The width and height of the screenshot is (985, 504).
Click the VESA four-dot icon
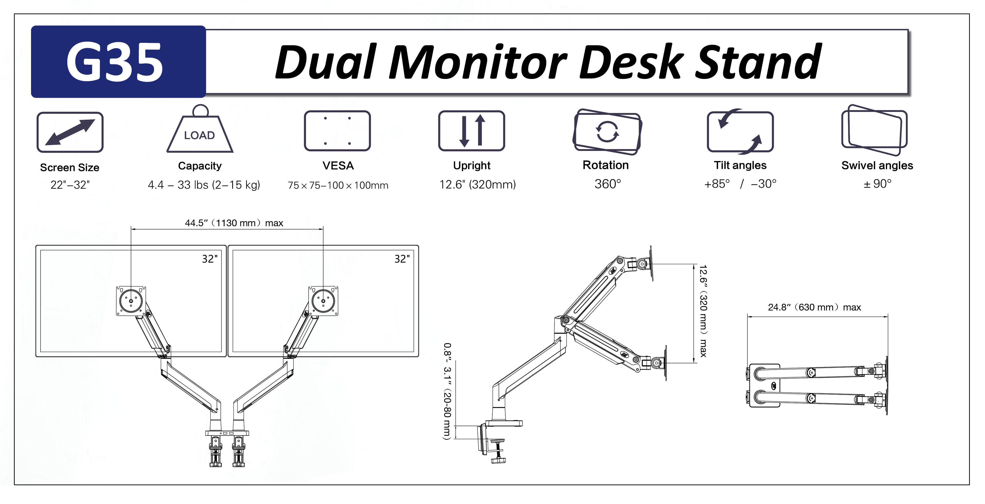point(337,131)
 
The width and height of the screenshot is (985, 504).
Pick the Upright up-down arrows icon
point(472,131)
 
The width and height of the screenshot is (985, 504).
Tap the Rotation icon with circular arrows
point(607,132)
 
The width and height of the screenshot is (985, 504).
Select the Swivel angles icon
point(875,130)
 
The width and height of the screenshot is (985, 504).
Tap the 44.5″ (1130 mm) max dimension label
point(234,223)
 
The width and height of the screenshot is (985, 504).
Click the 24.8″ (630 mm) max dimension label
point(814,307)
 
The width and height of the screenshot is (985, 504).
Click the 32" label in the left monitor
point(210,259)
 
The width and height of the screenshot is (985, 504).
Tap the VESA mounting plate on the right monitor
point(324,301)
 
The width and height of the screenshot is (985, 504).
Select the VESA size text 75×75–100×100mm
point(338,186)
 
